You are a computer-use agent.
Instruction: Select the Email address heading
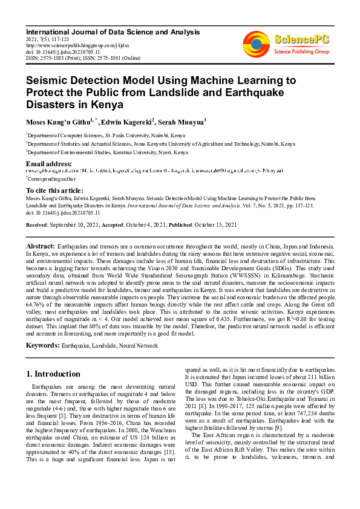[x=49, y=164]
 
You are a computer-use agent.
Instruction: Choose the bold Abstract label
[x=40, y=247]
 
